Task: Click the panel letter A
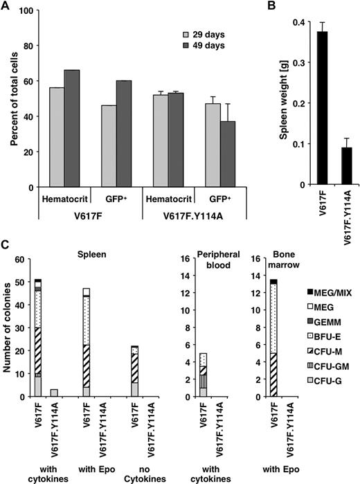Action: [x=6, y=7]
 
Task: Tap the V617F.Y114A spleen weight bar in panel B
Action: [x=334, y=165]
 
